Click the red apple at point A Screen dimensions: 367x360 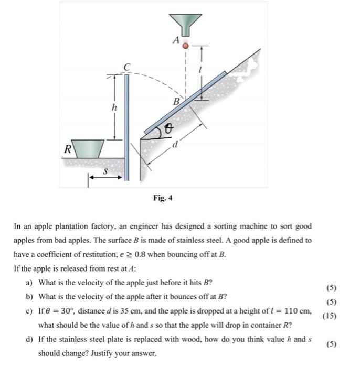coord(185,46)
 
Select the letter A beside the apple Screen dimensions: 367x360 coord(176,39)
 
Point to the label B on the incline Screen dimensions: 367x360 coord(177,101)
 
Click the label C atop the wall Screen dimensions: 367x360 coord(126,67)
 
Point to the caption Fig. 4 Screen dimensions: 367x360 coord(163,198)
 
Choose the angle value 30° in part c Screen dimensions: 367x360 coord(70,311)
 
